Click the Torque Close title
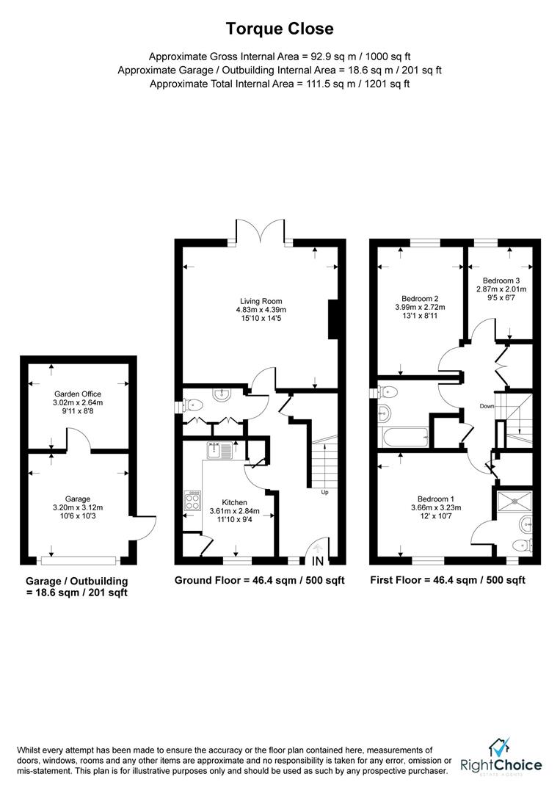point(280,29)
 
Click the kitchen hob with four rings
point(192,501)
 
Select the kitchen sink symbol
point(219,449)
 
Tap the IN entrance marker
point(317,562)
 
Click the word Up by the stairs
point(324,492)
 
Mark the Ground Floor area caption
point(259,580)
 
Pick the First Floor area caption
point(448,580)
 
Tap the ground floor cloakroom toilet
point(192,404)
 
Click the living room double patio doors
point(261,231)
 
